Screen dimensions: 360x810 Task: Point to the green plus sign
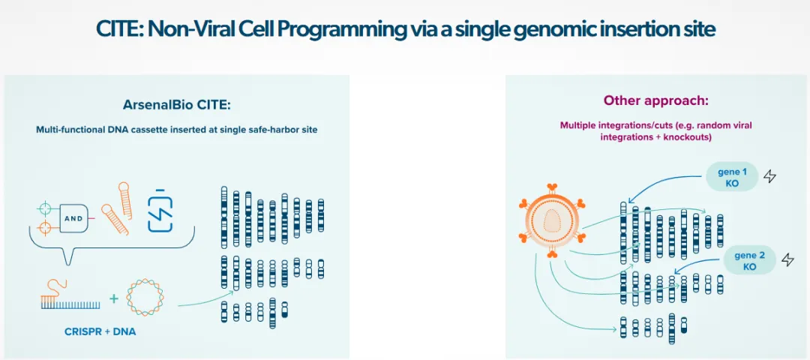[114, 298]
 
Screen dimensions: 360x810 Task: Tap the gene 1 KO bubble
[732, 177]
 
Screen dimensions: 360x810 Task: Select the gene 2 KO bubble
[750, 261]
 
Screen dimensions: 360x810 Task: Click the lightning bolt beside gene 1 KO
[769, 177]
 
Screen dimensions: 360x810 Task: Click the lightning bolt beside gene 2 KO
[787, 260]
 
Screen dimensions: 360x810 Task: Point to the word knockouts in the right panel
[684, 137]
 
